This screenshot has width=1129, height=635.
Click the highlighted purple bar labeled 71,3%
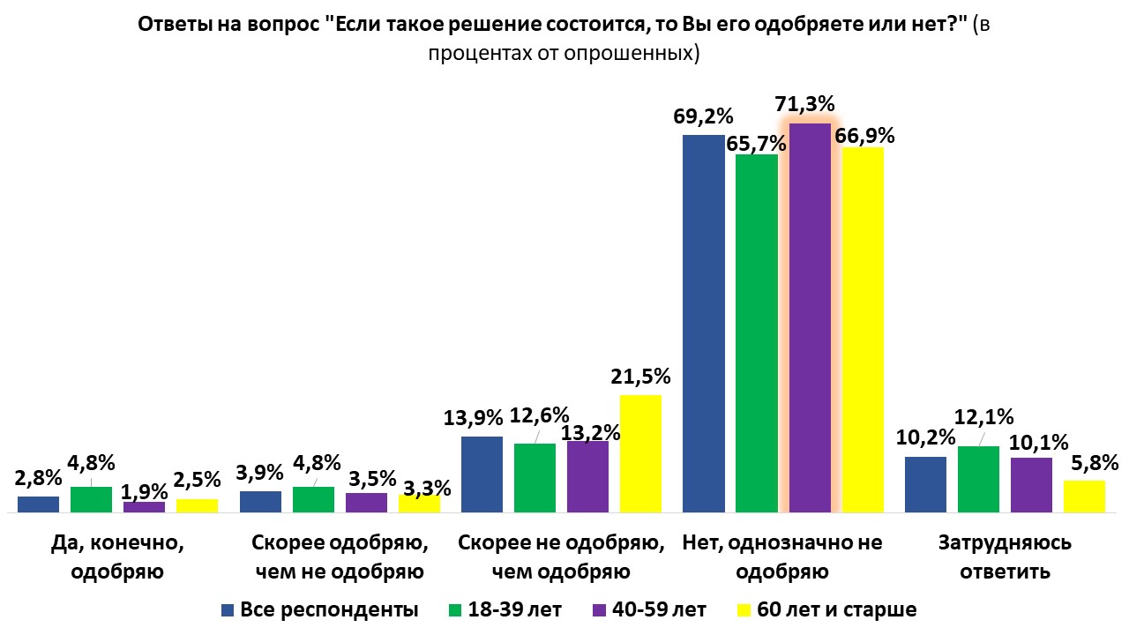click(810, 317)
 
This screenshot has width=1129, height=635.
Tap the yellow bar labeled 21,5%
click(640, 453)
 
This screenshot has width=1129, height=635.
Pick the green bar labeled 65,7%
click(757, 333)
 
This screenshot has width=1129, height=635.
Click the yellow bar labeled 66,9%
click(863, 330)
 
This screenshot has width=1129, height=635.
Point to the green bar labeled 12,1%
click(979, 479)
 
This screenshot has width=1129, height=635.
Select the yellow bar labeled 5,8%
click(1084, 496)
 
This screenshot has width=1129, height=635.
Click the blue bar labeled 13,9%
click(482, 474)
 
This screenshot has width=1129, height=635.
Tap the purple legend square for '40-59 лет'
click(598, 609)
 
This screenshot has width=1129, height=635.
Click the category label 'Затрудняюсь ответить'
click(1005, 557)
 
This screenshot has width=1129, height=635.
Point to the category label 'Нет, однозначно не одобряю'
click(781, 557)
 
